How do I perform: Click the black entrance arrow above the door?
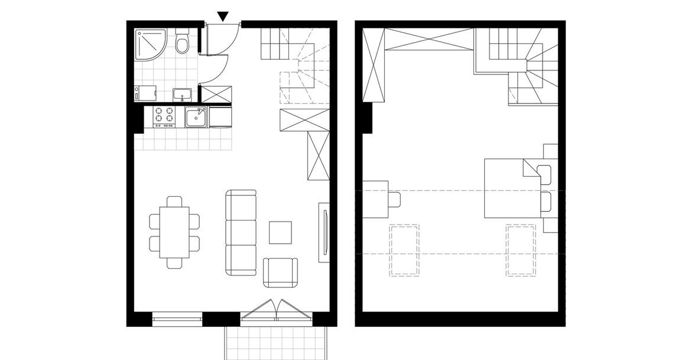pos(222,17)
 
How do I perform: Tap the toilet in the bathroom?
pos(181,43)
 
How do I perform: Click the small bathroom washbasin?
pos(181,93)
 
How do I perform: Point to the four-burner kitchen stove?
pos(164,117)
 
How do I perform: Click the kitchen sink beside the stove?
pos(196,118)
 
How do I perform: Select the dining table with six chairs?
pos(174,231)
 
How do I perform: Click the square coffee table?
pos(280,232)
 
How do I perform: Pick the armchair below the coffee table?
pos(281,272)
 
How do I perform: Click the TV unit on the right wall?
pos(324,232)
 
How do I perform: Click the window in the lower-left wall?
pos(177,319)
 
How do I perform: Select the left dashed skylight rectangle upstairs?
pos(404,250)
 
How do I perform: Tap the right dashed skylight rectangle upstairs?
pos(521,250)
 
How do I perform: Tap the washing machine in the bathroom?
pos(145,93)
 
